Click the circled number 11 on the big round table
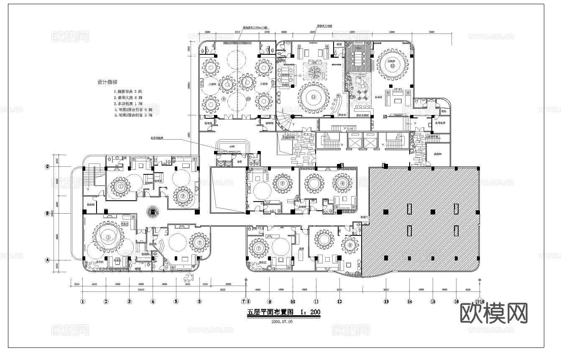tap(314, 97)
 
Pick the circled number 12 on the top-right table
tap(393, 66)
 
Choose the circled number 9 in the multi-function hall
tap(224, 99)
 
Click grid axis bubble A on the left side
tap(47, 260)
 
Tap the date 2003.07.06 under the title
tap(283, 322)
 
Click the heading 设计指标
tap(107, 82)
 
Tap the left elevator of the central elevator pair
tap(354, 142)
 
